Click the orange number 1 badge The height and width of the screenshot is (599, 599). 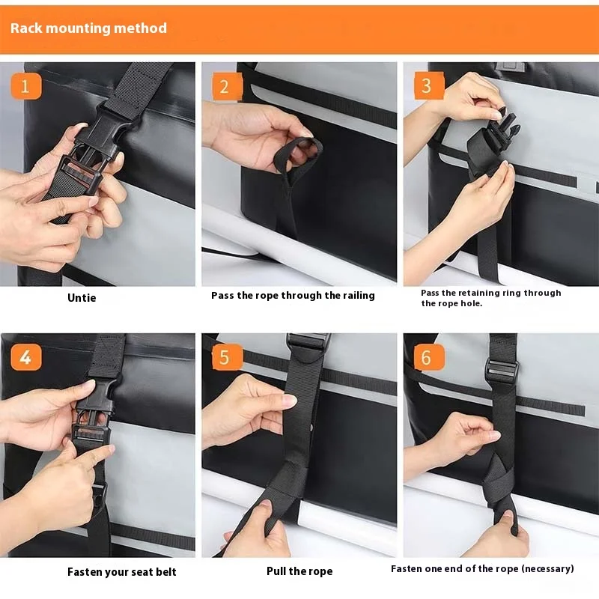(26, 86)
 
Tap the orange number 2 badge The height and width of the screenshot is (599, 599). (227, 86)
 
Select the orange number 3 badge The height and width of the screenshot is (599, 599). (429, 85)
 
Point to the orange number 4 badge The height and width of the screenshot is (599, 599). (26, 357)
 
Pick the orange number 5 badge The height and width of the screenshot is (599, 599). (227, 357)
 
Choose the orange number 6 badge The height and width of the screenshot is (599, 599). (429, 357)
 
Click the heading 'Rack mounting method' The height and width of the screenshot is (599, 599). (88, 28)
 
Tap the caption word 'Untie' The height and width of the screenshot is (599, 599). (82, 297)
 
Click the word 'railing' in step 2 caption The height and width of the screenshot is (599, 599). (359, 295)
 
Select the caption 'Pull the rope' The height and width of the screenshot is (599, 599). (299, 571)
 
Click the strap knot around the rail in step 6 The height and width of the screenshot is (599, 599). (499, 481)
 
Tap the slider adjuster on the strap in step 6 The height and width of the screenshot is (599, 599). (501, 370)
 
